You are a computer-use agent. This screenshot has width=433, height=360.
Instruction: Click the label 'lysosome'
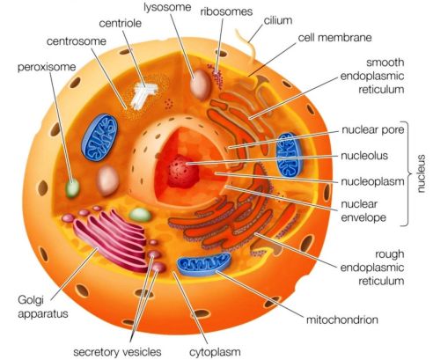(167, 7)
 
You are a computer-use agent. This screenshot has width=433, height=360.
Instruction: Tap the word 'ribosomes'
(226, 11)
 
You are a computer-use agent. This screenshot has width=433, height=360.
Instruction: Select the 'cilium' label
(278, 20)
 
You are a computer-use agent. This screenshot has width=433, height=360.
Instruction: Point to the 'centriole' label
(121, 23)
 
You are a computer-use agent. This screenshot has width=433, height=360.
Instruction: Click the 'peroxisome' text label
(47, 67)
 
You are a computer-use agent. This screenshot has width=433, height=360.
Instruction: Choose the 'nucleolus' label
(364, 156)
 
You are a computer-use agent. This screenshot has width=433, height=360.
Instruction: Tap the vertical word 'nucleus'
(421, 173)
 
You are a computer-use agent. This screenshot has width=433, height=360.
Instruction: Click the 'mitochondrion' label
(342, 320)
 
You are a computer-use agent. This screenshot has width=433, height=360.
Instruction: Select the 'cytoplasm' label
(215, 352)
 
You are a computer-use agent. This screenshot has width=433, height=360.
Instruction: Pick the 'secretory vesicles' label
(117, 352)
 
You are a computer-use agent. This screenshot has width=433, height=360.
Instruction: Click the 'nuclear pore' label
(373, 129)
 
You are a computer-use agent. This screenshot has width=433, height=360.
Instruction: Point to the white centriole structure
(143, 94)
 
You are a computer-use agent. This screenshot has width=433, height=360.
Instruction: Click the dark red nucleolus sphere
(182, 172)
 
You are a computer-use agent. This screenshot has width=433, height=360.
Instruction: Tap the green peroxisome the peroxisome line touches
(72, 187)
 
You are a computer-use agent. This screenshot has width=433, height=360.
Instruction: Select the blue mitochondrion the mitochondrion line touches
(203, 264)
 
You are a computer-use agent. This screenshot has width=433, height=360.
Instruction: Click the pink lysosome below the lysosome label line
(201, 84)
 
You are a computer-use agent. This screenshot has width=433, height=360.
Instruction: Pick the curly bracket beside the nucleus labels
(407, 173)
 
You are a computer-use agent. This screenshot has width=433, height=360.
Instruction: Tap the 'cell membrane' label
(334, 38)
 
